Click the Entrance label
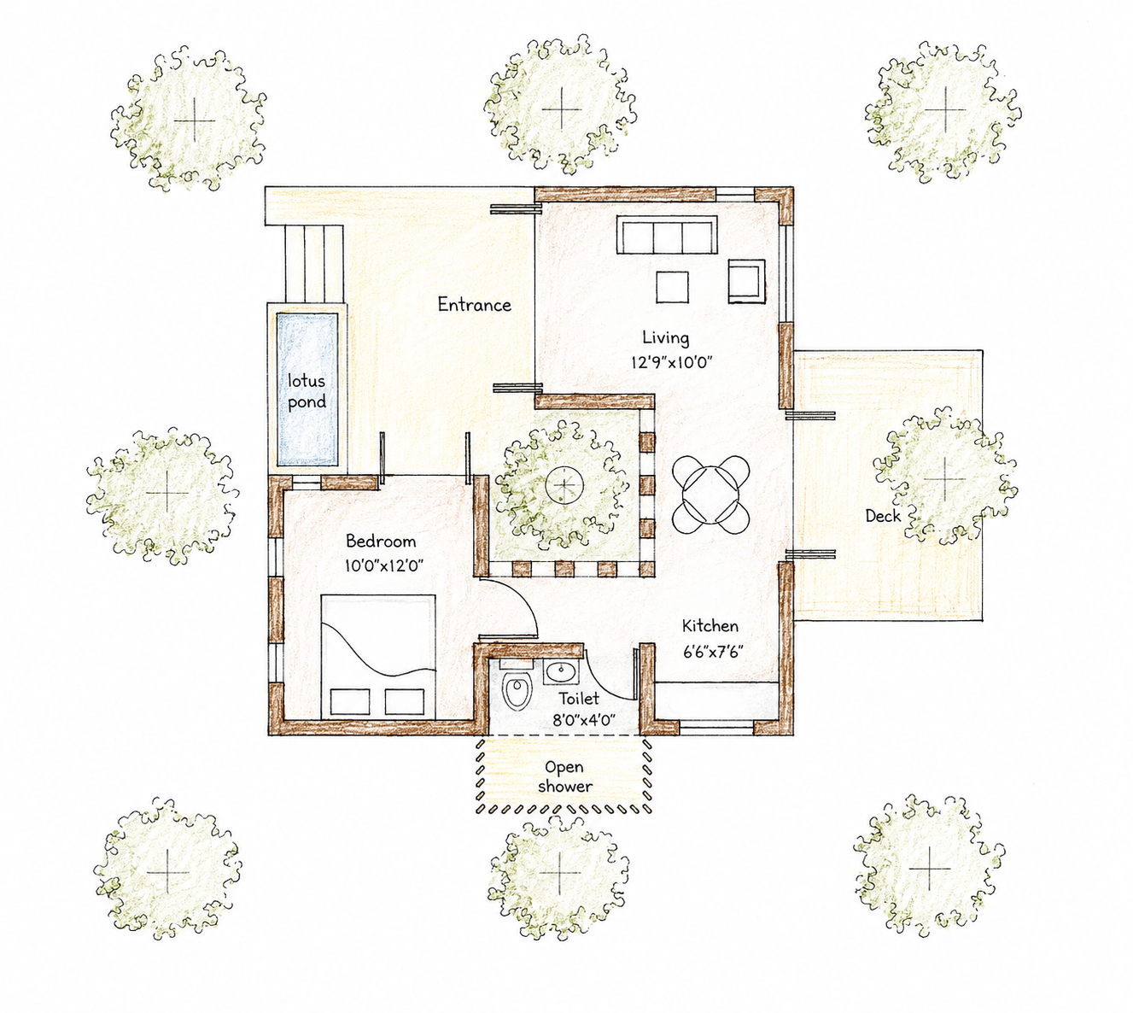tap(474, 305)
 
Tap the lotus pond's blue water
tap(307, 389)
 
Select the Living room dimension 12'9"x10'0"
tap(671, 362)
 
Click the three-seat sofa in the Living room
tap(667, 234)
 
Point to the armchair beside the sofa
tap(746, 281)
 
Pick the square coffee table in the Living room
tap(672, 287)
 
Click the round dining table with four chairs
tap(710, 495)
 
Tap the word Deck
tap(883, 516)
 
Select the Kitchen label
tap(710, 625)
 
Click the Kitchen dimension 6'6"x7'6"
tap(712, 653)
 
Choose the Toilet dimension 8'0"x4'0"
tap(584, 719)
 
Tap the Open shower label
tap(565, 776)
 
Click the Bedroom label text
tap(381, 542)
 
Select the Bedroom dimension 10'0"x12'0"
tap(383, 566)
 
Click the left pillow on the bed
tap(350, 701)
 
